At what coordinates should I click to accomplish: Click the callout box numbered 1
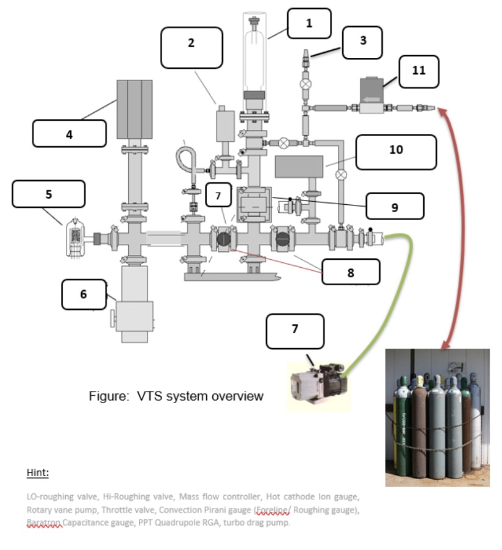309,24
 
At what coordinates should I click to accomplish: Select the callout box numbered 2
192,43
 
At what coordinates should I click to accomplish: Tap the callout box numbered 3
362,42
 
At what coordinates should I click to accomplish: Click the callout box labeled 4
70,134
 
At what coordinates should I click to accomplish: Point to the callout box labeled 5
49,194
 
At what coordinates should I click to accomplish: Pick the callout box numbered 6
84,295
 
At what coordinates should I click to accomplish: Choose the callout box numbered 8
351,272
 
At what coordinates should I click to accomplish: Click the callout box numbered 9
395,207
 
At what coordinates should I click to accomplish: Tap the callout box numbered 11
418,70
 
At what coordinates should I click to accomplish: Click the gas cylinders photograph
437,417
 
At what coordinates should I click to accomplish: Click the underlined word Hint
38,473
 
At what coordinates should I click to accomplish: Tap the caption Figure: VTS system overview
176,396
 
